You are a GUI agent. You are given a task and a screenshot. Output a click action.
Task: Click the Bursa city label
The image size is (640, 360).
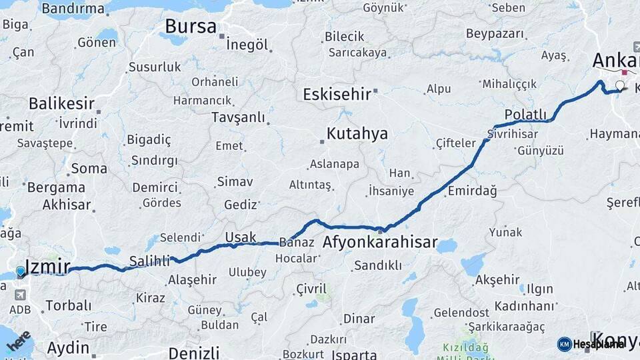coord(190,27)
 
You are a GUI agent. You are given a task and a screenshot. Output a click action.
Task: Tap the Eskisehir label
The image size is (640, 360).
coord(337,94)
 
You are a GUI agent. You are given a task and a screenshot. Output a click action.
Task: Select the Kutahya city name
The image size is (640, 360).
coord(357,133)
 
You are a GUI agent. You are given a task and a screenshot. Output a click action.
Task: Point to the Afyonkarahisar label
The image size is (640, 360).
coord(380,242)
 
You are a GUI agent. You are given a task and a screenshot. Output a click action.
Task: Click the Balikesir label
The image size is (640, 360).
coord(61,103)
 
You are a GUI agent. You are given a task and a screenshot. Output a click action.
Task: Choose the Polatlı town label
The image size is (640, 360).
coord(525,114)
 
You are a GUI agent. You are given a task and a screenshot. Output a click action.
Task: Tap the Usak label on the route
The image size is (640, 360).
coord(240,237)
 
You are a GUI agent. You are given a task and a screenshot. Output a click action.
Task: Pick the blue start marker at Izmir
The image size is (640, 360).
coord(21,271)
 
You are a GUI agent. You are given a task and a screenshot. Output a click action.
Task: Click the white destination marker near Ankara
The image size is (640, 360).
coord(621,85)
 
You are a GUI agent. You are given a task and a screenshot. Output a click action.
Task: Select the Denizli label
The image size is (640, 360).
coord(193,352)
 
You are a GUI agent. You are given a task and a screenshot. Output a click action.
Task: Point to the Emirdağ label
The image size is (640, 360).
coord(472,191)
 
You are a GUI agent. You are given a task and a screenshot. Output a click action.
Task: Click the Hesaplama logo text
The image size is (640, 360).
coord(599,344)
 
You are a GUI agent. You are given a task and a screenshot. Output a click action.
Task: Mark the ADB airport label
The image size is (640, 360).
coord(19,309)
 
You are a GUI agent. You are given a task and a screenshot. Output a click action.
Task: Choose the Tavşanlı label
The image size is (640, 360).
coord(238,117)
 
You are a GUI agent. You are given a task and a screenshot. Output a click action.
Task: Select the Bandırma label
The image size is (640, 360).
coord(73,9)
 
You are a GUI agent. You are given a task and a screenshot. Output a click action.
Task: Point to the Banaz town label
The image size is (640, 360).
coord(297,242)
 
